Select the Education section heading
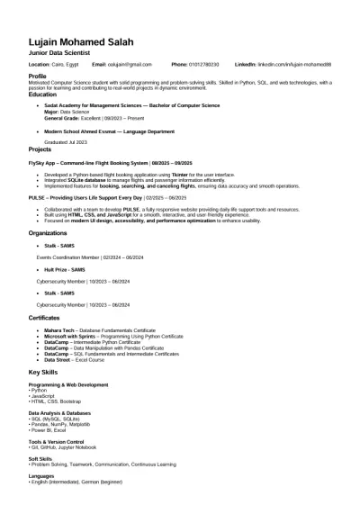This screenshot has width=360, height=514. (42, 94)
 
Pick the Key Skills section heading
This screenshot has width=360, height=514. (42, 371)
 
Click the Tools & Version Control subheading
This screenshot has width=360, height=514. (56, 442)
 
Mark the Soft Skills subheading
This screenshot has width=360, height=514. (40, 458)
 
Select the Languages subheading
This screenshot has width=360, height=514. (41, 474)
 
